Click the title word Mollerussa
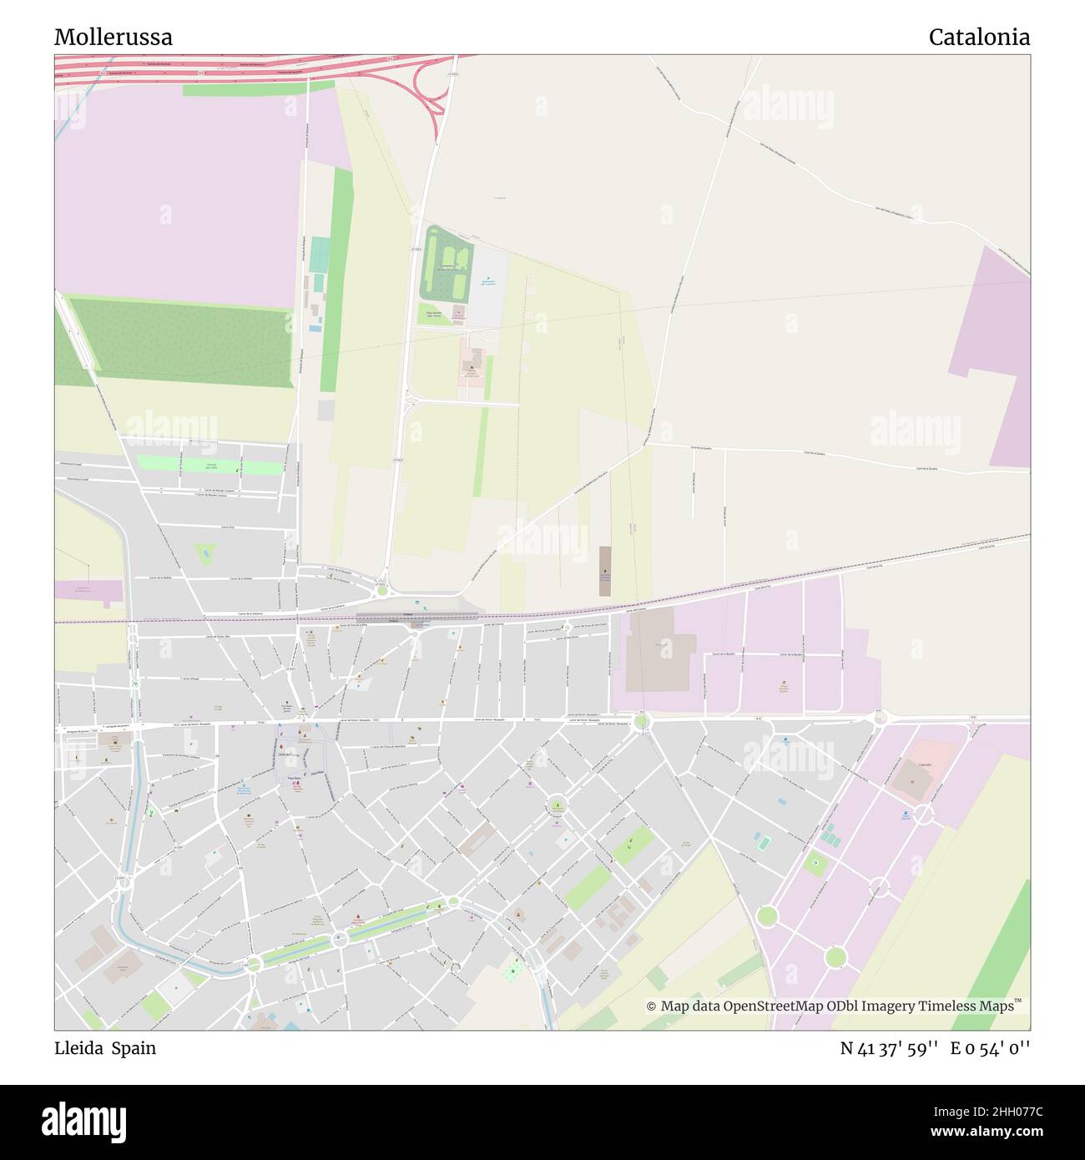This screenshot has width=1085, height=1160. click(114, 38)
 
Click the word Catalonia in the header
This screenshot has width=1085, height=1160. click(978, 38)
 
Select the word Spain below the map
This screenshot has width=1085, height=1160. click(136, 1048)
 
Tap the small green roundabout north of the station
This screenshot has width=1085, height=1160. click(381, 591)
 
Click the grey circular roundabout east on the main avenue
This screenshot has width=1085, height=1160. click(880, 718)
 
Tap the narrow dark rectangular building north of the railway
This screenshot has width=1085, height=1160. click(605, 571)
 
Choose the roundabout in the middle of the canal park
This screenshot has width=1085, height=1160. click(340, 940)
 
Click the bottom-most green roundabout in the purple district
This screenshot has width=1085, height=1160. click(835, 956)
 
